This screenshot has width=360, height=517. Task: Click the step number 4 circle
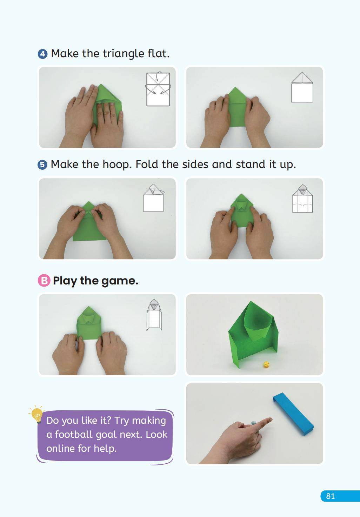pyautogui.click(x=42, y=54)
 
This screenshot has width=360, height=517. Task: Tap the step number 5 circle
pyautogui.click(x=42, y=165)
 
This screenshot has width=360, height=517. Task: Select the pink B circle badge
pyautogui.click(x=44, y=281)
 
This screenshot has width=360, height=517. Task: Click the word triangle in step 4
pyautogui.click(x=123, y=54)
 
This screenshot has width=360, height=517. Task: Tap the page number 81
pyautogui.click(x=330, y=496)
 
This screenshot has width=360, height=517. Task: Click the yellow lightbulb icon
pyautogui.click(x=37, y=415)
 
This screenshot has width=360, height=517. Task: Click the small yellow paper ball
pyautogui.click(x=266, y=364)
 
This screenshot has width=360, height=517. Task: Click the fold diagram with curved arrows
pyautogui.click(x=158, y=89)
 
